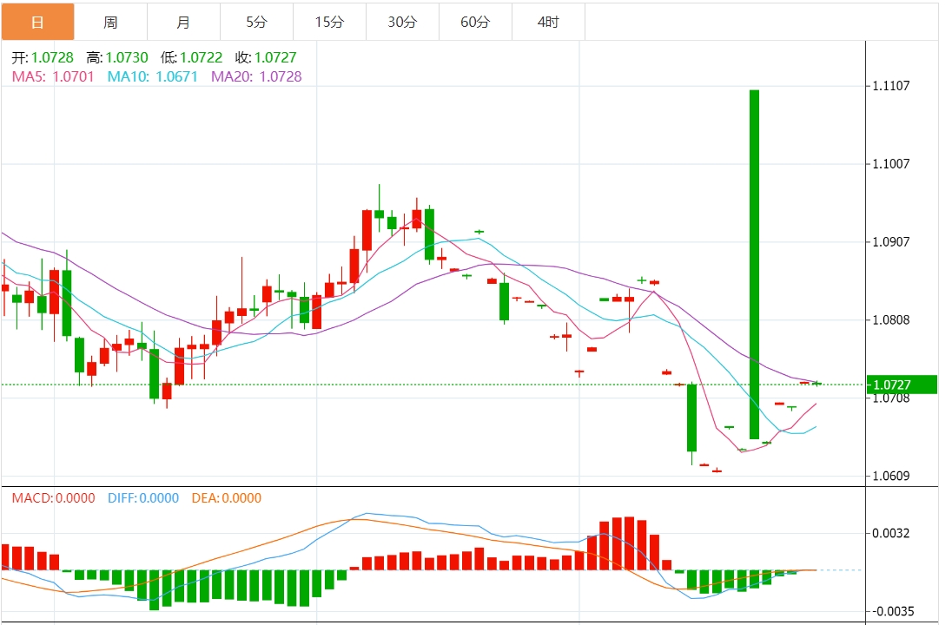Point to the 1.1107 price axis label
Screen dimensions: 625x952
point(891,85)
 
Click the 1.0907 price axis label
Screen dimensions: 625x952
point(891,241)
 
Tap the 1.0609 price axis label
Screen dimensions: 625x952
point(891,476)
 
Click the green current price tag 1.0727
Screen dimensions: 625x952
point(903,384)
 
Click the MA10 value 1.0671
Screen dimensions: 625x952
point(176,76)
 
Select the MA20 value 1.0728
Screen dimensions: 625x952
point(281,76)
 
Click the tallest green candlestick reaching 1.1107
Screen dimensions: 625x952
point(754,260)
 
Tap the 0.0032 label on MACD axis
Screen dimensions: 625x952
point(891,533)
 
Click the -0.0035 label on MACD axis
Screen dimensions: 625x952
point(891,611)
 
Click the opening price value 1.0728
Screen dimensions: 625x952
point(54,57)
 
